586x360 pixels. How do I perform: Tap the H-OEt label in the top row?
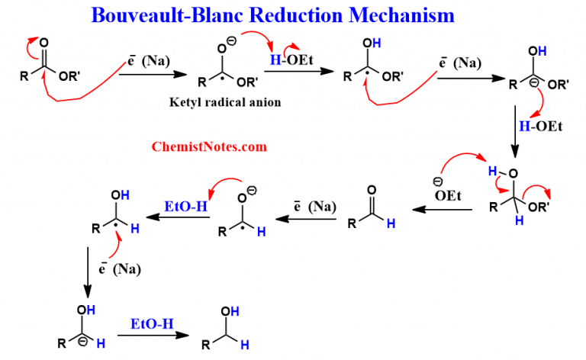[x=285, y=60]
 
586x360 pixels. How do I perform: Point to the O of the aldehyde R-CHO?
[x=372, y=188]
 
